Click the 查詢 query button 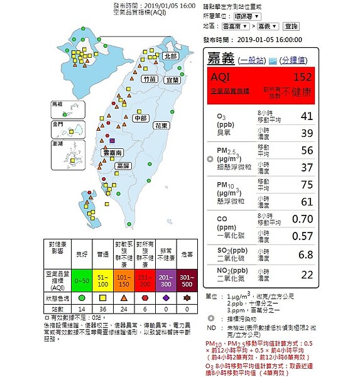pyautogui.click(x=291, y=26)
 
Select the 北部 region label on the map pyautogui.click(x=170, y=56)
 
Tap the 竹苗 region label pyautogui.click(x=150, y=80)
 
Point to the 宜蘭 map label pyautogui.click(x=172, y=80)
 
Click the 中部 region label pyautogui.click(x=141, y=118)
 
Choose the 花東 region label pyautogui.click(x=161, y=126)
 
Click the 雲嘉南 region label pyautogui.click(x=113, y=153)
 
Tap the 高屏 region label pyautogui.click(x=124, y=165)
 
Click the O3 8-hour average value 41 pyautogui.click(x=306, y=116)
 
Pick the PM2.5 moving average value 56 pyautogui.click(x=306, y=150)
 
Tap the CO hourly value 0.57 pyautogui.click(x=304, y=236)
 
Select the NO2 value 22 pyautogui.click(x=306, y=275)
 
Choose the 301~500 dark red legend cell pyautogui.click(x=186, y=278)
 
